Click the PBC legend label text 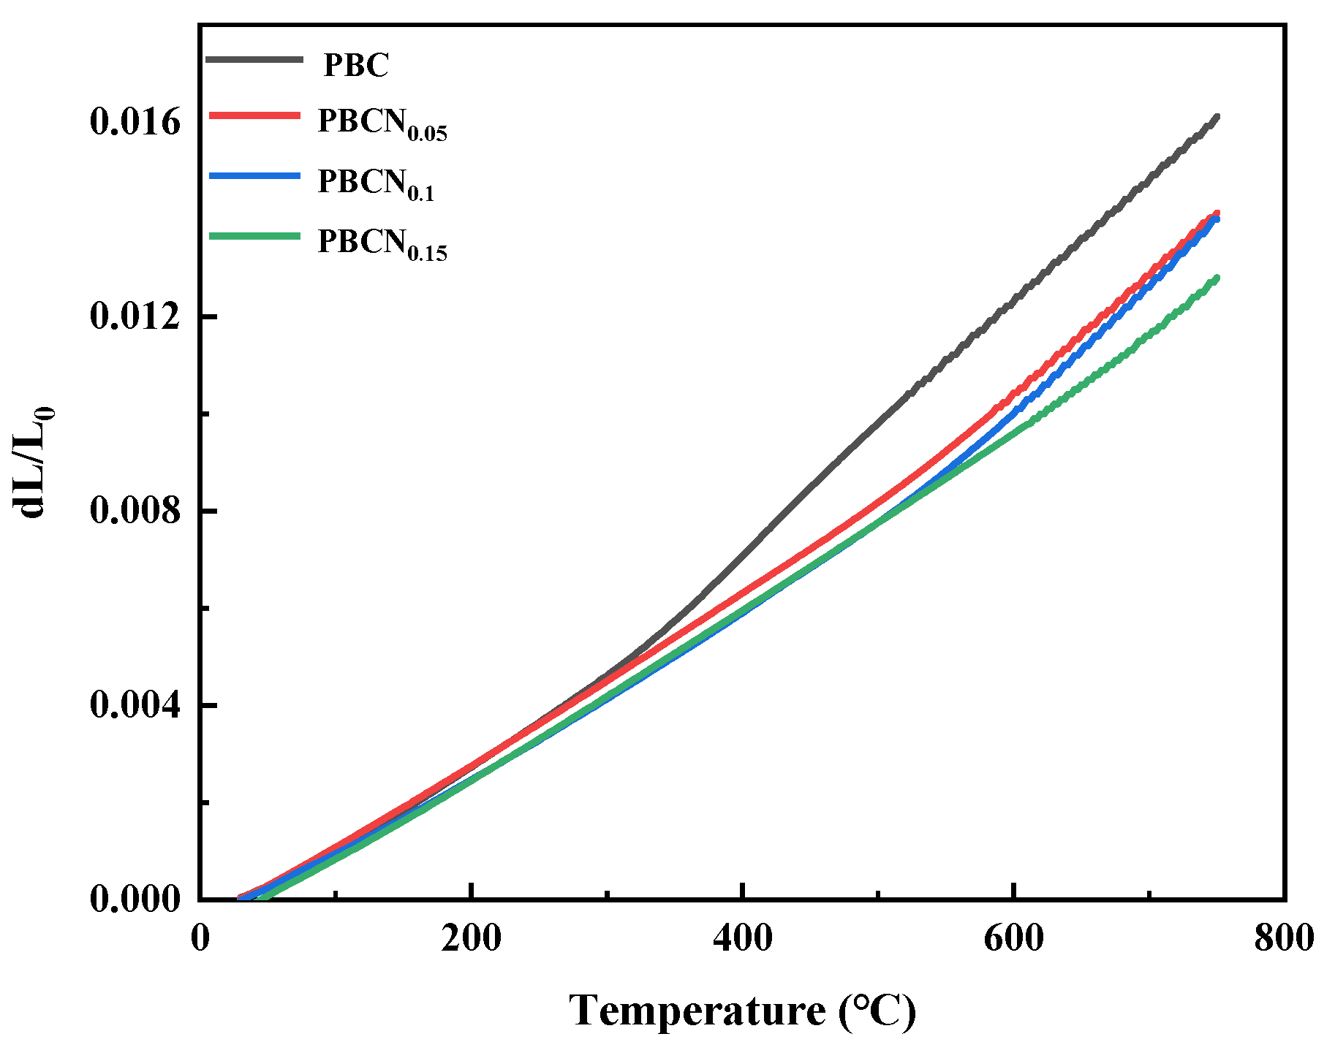pyautogui.click(x=356, y=65)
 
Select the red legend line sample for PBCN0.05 pyautogui.click(x=254, y=115)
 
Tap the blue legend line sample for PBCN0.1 pyautogui.click(x=254, y=175)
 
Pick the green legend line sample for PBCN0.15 pyautogui.click(x=254, y=235)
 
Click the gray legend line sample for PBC pyautogui.click(x=254, y=59)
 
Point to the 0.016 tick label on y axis pyautogui.click(x=135, y=122)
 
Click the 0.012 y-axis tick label pyautogui.click(x=135, y=316)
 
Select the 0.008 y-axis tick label pyautogui.click(x=135, y=510)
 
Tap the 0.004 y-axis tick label pyautogui.click(x=135, y=705)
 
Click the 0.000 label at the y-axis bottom pyautogui.click(x=135, y=899)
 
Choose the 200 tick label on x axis pyautogui.click(x=471, y=938)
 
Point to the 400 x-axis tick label pyautogui.click(x=742, y=938)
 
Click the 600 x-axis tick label pyautogui.click(x=1013, y=938)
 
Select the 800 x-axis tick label pyautogui.click(x=1284, y=938)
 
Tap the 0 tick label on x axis pyautogui.click(x=200, y=938)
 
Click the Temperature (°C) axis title pyautogui.click(x=742, y=1011)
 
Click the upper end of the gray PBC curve pyautogui.click(x=1217, y=117)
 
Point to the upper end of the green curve pyautogui.click(x=1217, y=278)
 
